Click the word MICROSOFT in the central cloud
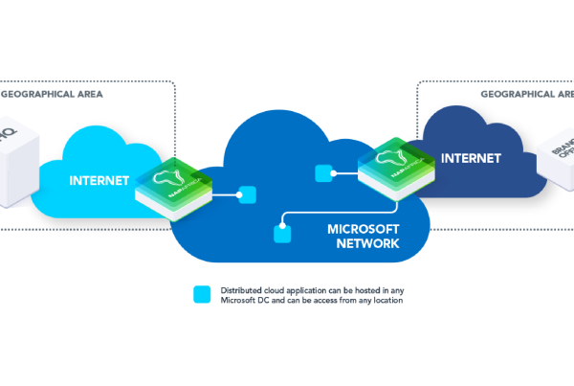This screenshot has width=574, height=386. pos(362,230)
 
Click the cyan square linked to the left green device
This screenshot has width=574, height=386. pos(247,194)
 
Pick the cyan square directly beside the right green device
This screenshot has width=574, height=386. pos(323,173)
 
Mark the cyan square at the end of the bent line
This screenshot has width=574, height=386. pos(282,233)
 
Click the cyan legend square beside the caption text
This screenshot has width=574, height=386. pos(202,294)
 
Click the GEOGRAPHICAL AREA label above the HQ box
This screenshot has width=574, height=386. pos(52,95)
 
